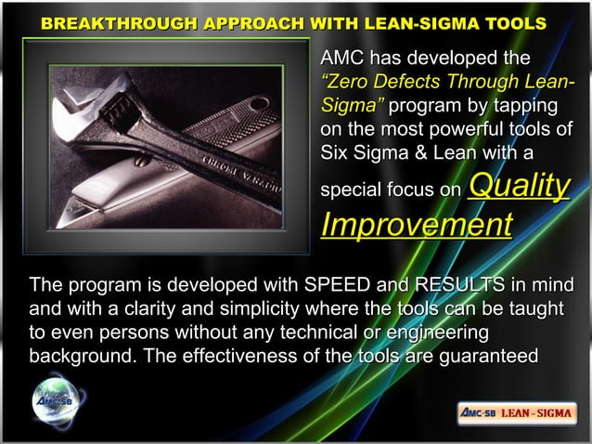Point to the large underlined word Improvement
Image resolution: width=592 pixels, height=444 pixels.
tap(416, 226)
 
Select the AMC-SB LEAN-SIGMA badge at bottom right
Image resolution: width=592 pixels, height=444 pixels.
tap(517, 412)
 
